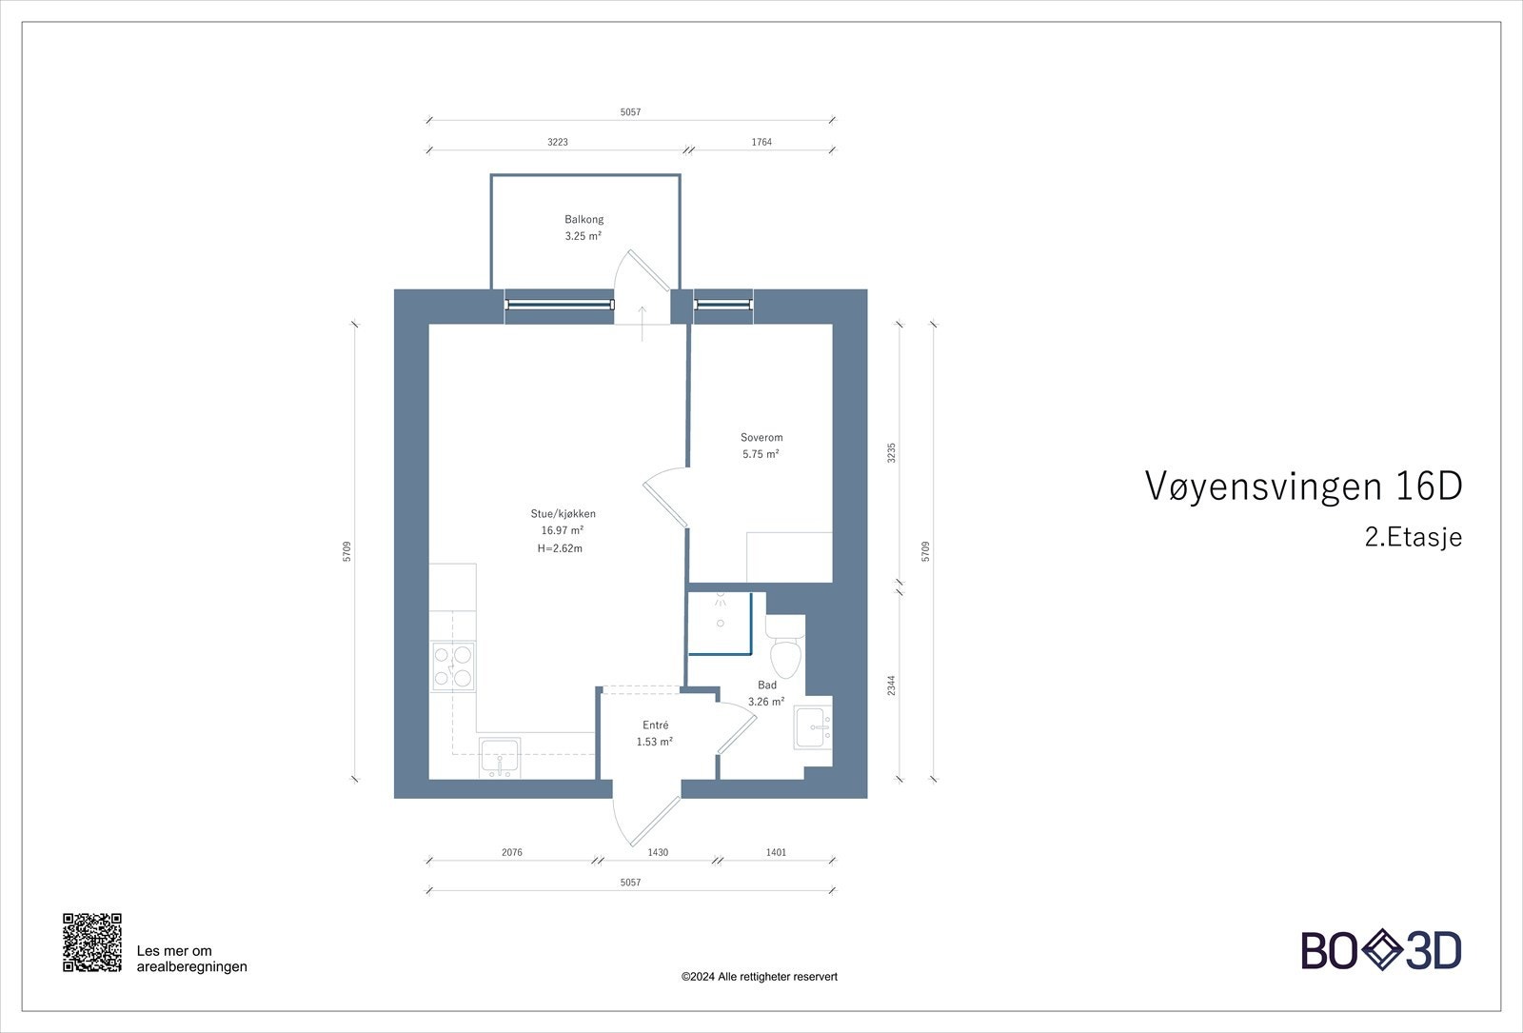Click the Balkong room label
tap(583, 219)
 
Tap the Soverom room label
tap(761, 438)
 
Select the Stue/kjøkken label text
tap(563, 514)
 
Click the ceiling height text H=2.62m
tap(560, 548)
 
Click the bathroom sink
tap(813, 727)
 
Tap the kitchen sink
tap(500, 758)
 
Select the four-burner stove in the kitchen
tap(453, 665)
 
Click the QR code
tap(92, 943)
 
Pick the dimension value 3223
tap(558, 142)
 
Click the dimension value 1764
tap(761, 142)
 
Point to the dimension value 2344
tap(891, 685)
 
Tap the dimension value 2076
tap(512, 853)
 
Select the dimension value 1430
tap(658, 853)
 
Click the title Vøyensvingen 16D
tap(1302, 487)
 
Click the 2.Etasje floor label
tap(1413, 538)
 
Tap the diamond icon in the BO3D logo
tap(1382, 950)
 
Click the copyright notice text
tap(760, 977)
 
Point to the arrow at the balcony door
tap(643, 323)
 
